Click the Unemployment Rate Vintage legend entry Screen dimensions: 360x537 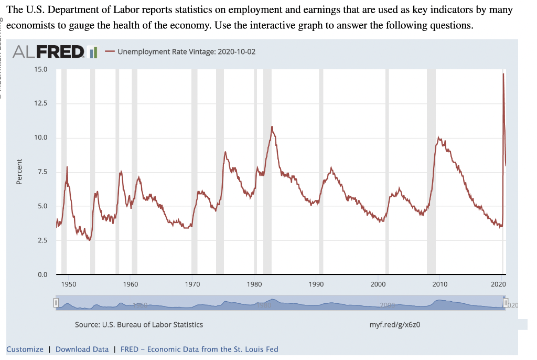click(x=180, y=52)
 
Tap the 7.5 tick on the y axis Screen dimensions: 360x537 click(x=41, y=172)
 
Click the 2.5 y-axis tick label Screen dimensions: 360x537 click(x=41, y=240)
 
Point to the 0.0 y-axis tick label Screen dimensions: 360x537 click(x=41, y=274)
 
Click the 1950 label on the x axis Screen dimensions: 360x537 click(x=69, y=284)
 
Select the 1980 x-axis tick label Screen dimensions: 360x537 click(x=254, y=284)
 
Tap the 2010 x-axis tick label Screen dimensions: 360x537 click(x=440, y=284)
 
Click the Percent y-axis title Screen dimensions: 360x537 click(x=19, y=172)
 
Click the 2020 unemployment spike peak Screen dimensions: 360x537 click(x=503, y=74)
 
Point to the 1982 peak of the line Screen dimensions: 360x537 click(x=272, y=126)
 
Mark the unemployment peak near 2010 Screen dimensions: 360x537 click(x=438, y=137)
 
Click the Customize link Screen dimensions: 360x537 click(x=25, y=349)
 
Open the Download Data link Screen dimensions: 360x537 click(x=82, y=349)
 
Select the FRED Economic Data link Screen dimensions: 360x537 click(x=199, y=349)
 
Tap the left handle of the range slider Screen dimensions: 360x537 click(x=55, y=303)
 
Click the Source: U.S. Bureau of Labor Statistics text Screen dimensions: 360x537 click(x=138, y=324)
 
